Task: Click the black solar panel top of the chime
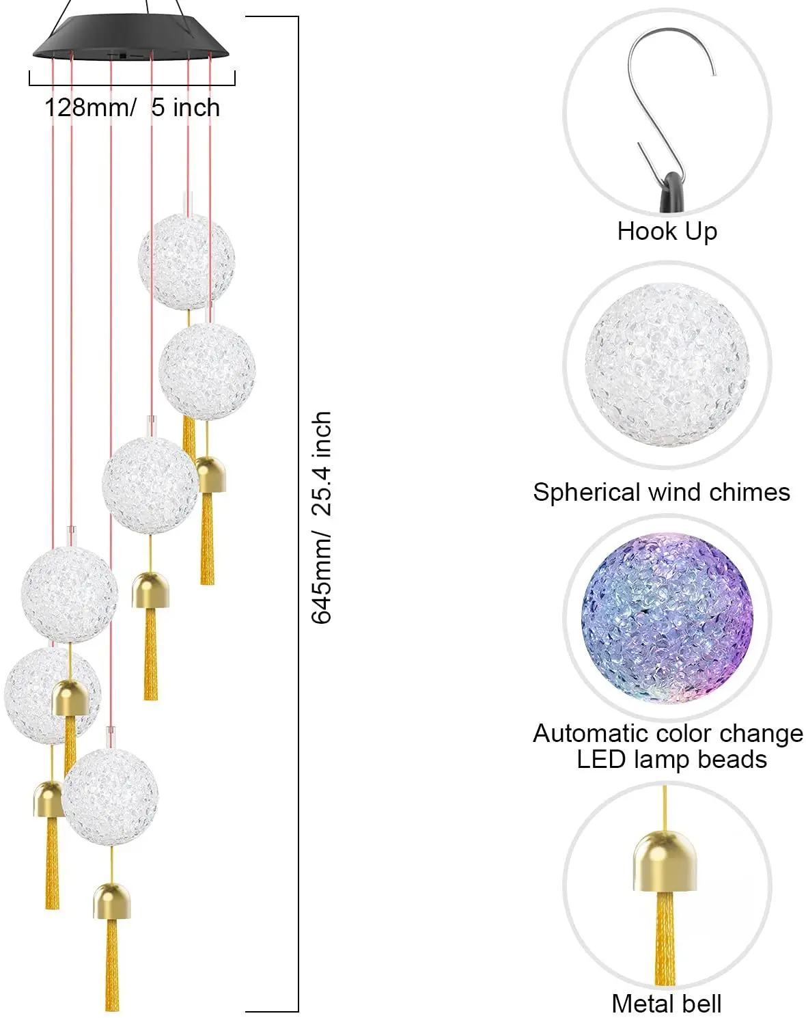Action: point(130,38)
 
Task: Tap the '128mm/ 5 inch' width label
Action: point(133,107)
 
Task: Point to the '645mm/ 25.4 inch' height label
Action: point(322,517)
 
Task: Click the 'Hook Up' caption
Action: point(667,231)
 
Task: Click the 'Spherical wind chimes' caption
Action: point(661,492)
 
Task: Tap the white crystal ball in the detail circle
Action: point(667,365)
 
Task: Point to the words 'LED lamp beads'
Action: point(671,760)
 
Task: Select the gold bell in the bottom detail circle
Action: point(665,861)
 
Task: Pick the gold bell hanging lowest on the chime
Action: point(111,901)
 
